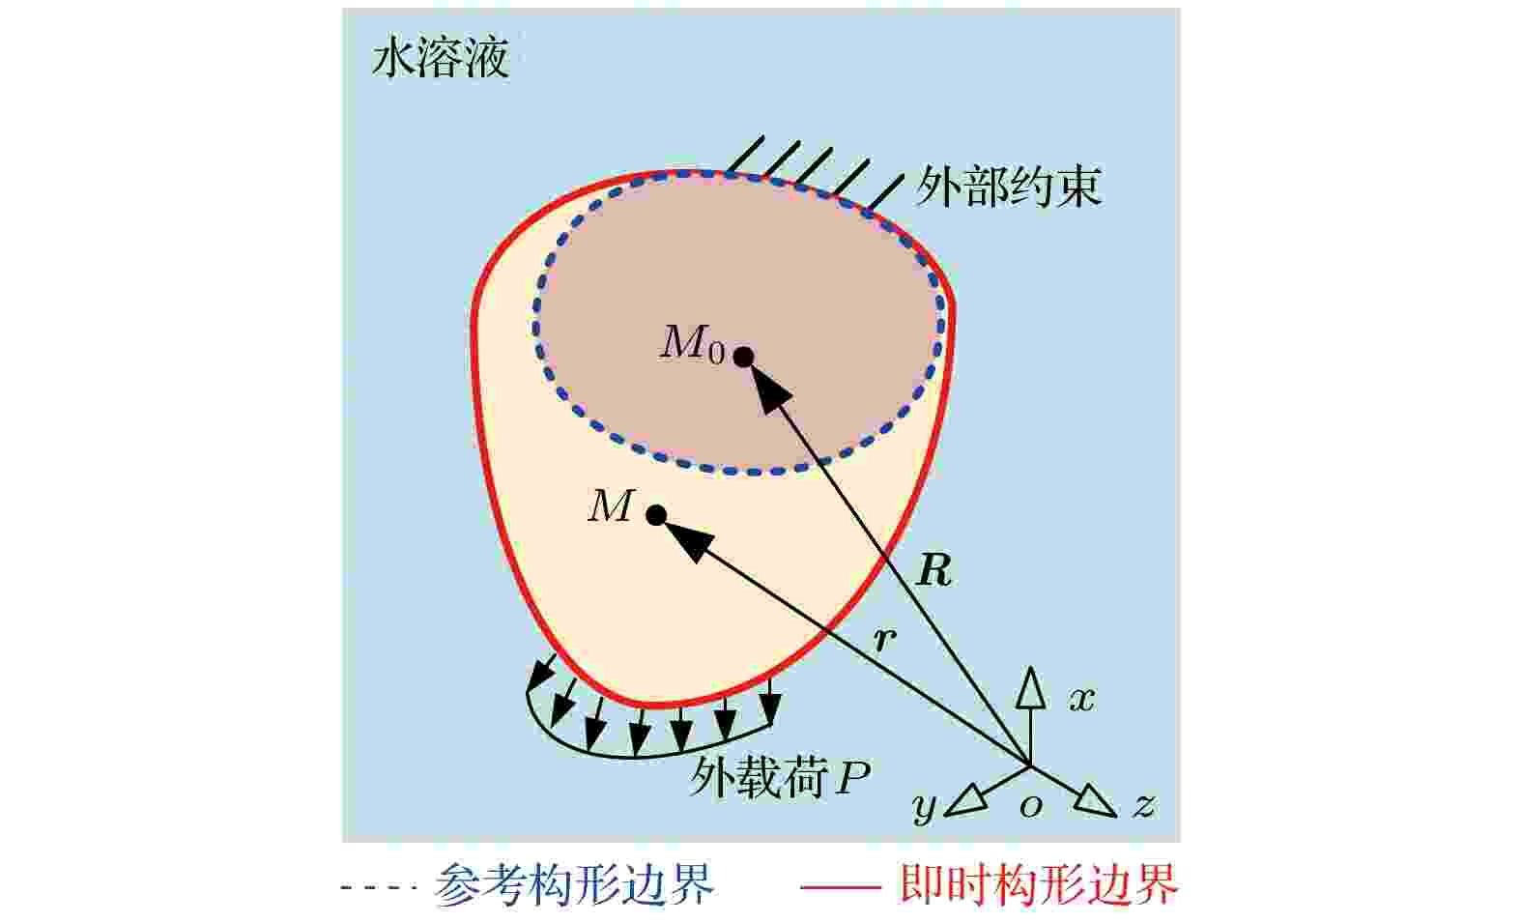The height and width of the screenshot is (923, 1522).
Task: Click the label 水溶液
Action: coord(441,58)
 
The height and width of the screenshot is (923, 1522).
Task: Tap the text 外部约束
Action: coord(1008,187)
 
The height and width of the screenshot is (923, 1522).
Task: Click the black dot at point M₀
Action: coord(744,356)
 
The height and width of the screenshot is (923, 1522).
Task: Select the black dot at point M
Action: coord(656,515)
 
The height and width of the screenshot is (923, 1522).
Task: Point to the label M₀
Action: coord(693,344)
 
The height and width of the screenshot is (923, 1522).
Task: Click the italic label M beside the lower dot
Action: coord(611,506)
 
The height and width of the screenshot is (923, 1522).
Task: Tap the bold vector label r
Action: coord(884,640)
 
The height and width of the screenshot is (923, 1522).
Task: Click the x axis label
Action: coord(1082,700)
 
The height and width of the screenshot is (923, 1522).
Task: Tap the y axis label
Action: coord(924,807)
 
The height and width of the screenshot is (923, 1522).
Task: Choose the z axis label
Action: coord(1144,805)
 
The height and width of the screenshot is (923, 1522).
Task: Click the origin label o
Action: coord(1031,806)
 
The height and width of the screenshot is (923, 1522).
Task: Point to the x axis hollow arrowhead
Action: coord(1031,688)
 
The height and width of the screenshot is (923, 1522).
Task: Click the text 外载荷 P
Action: coord(780,777)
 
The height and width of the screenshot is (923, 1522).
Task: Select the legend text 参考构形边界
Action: coord(574,884)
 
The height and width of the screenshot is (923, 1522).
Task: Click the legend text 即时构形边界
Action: coord(1038,884)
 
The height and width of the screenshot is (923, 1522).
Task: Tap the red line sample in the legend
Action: coord(841,886)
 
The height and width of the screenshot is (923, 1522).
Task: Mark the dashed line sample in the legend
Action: coord(379,886)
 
